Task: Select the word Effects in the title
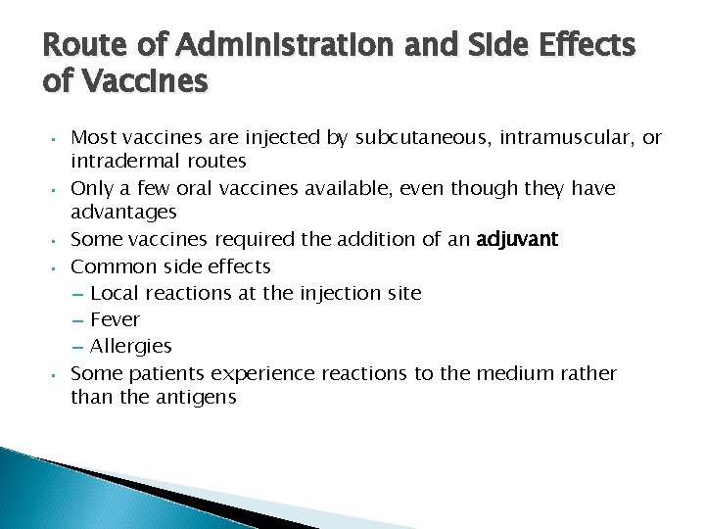[587, 46]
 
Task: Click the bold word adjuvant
[517, 240]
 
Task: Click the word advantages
[123, 213]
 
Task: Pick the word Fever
[115, 319]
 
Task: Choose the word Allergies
[130, 346]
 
